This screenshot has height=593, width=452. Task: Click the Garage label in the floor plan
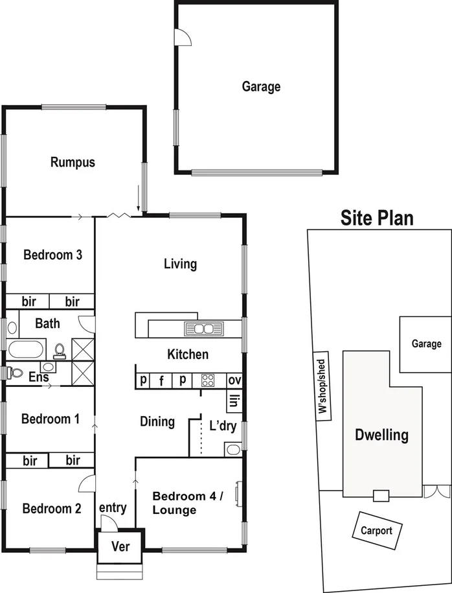[261, 86]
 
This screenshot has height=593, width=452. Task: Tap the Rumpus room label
[73, 162]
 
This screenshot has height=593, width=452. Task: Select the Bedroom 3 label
[52, 255]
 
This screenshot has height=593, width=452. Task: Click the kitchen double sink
[203, 328]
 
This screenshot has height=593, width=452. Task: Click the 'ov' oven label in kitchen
[234, 380]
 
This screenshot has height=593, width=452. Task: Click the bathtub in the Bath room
[25, 351]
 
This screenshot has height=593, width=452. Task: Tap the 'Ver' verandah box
[120, 546]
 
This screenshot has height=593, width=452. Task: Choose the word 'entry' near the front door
[113, 508]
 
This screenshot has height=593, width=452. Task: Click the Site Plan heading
[377, 218]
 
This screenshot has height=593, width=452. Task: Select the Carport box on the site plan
[377, 530]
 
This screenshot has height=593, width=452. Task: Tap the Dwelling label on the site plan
[381, 435]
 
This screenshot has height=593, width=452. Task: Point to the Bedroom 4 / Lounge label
[187, 503]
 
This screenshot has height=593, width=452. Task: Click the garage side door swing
[184, 38]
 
